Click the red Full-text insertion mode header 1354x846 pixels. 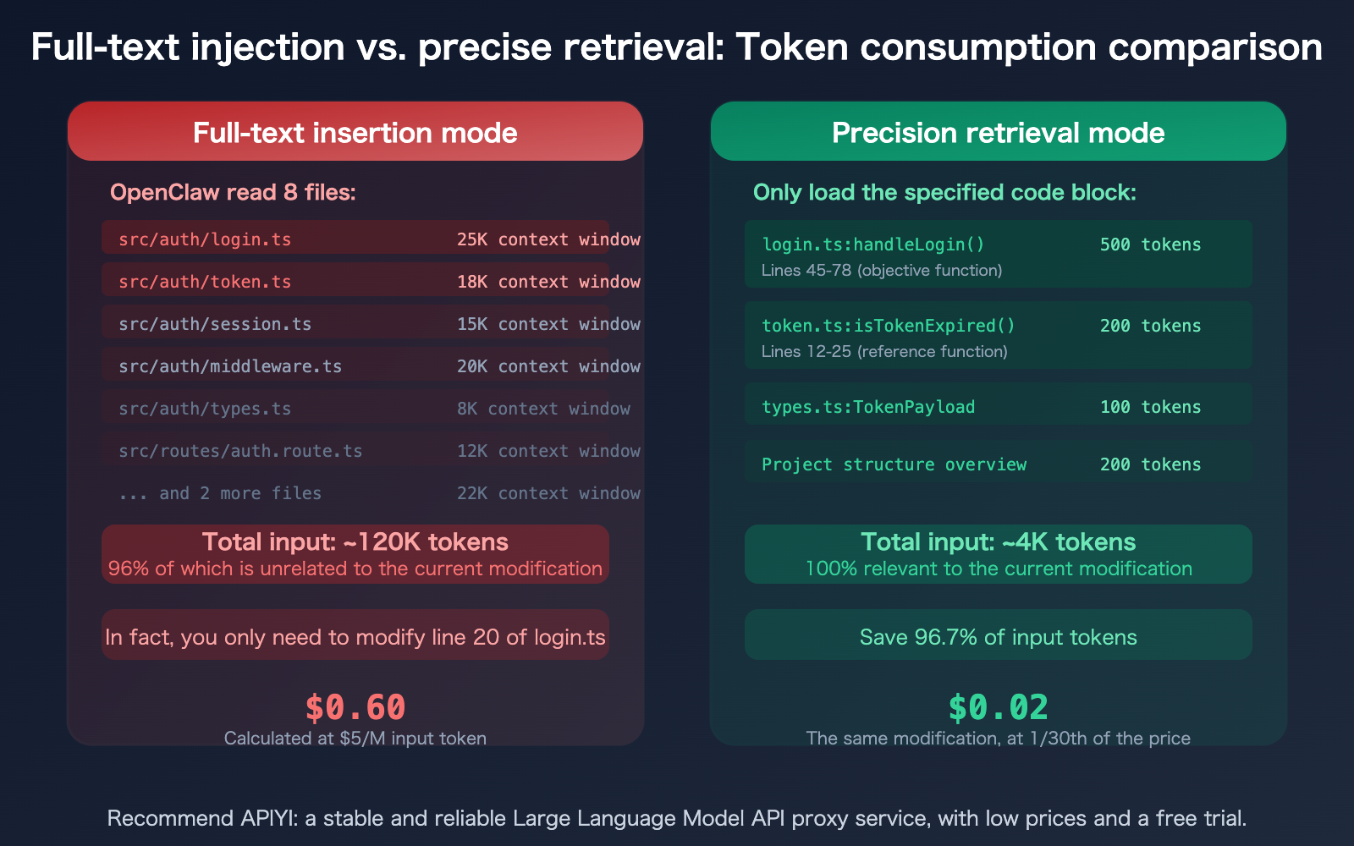pos(355,133)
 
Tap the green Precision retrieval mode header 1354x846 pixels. pos(999,133)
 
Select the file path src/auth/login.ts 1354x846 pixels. pos(205,239)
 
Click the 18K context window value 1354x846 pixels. pos(548,282)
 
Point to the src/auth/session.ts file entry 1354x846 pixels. pos(215,324)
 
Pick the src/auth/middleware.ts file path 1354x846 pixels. pos(230,366)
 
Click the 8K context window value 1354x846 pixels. pos(543,409)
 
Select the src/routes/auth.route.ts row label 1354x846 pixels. pos(240,451)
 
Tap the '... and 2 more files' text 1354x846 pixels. pos(220,493)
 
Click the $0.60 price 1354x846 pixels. pos(355,707)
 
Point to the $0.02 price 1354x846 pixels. pos(999,707)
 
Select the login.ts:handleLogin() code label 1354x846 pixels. pos(873,244)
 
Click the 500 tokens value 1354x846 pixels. pos(1150,244)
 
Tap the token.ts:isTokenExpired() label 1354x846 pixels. pos(889,326)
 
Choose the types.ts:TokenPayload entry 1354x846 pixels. pos(868,407)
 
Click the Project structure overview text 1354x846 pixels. pos(894,464)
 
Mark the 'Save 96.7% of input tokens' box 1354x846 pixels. pos(999,636)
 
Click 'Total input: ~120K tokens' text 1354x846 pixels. pos(355,541)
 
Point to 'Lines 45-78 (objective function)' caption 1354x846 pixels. pos(882,271)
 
